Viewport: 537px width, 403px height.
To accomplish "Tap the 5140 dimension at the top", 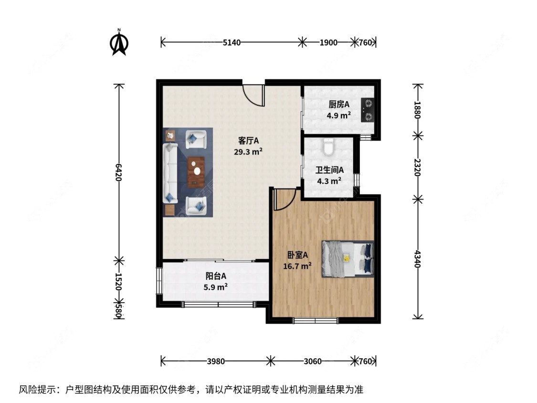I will click(x=232, y=42).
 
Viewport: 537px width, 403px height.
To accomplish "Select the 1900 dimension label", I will click(x=328, y=42).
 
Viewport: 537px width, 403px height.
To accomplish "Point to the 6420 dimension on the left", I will click(x=119, y=172).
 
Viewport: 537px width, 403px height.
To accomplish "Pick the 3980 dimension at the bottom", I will click(x=216, y=361).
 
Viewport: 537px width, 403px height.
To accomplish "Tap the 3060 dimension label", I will click(x=313, y=361).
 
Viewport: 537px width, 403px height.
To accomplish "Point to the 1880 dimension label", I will click(x=418, y=110).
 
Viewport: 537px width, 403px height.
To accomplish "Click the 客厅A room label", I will click(x=248, y=141).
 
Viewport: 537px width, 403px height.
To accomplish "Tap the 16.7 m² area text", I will click(x=297, y=265).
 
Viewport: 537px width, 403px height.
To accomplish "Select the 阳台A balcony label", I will click(x=216, y=276).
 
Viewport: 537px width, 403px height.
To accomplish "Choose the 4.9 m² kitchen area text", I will click(x=339, y=115).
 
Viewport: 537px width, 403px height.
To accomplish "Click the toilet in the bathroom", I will click(x=328, y=148).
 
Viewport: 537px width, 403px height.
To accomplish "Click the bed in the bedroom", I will click(x=347, y=258).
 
